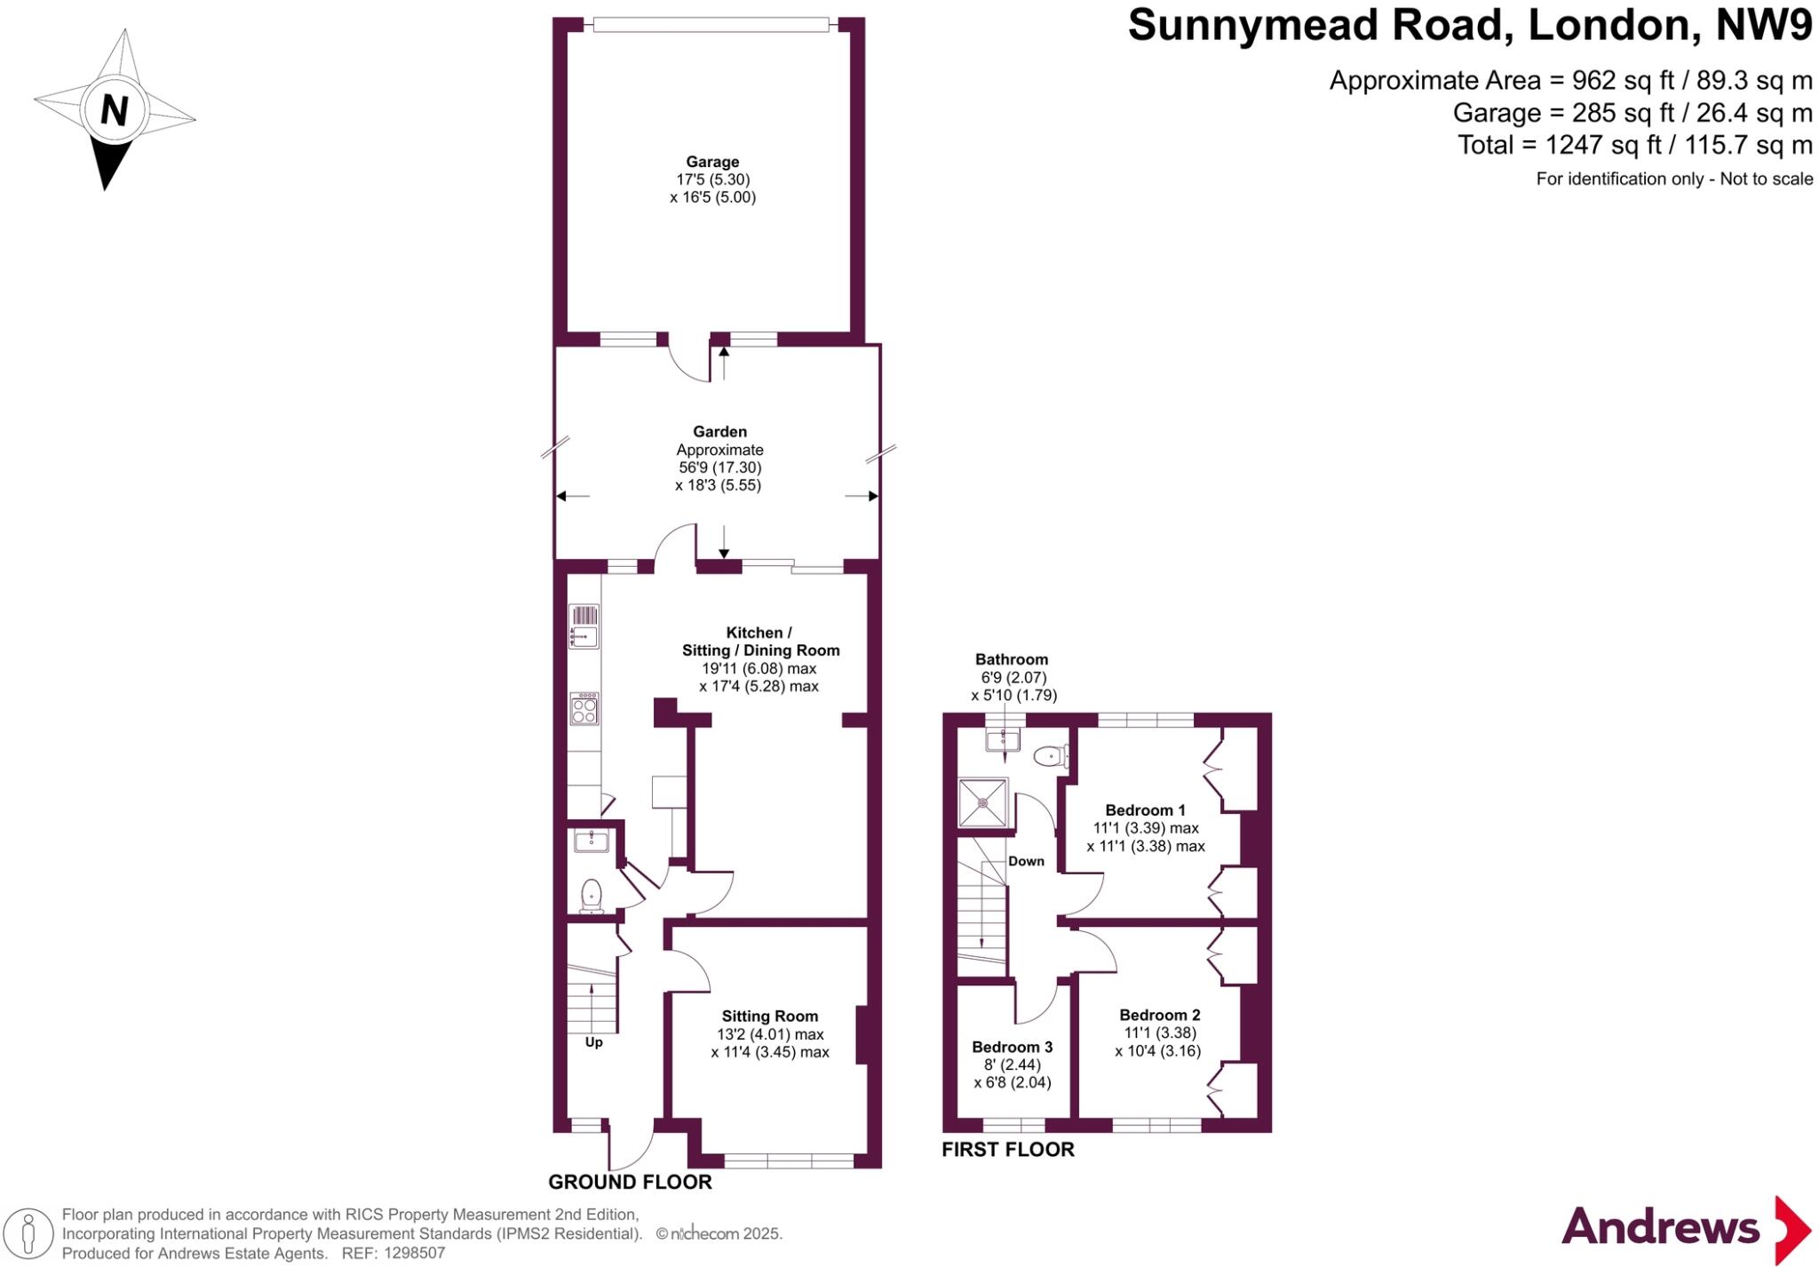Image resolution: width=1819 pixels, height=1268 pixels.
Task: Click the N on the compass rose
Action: click(x=114, y=111)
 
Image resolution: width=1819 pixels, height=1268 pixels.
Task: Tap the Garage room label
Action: click(x=712, y=162)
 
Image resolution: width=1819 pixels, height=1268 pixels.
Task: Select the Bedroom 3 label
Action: click(x=1012, y=1048)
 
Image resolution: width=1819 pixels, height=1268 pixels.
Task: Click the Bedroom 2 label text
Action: click(x=1159, y=1015)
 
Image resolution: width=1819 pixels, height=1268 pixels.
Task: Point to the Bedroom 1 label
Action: click(x=1145, y=810)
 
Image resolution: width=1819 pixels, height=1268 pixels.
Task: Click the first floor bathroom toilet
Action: click(x=1050, y=757)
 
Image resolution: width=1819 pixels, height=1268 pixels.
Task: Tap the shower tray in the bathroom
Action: click(x=983, y=803)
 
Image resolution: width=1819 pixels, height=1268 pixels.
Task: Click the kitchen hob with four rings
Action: click(x=584, y=709)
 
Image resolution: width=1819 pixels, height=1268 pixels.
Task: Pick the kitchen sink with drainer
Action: click(x=584, y=626)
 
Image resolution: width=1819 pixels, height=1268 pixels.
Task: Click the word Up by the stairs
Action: click(x=593, y=1042)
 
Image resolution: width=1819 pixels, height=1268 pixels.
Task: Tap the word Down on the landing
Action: click(x=1026, y=861)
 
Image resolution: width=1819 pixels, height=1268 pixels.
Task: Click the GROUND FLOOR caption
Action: click(x=630, y=1182)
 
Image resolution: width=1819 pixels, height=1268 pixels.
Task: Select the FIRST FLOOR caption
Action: click(x=1007, y=1150)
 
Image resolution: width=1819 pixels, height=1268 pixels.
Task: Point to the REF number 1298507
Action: click(x=414, y=1254)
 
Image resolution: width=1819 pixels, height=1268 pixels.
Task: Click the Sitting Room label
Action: click(x=769, y=1017)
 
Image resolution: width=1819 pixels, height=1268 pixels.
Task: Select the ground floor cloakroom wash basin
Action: click(x=591, y=840)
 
